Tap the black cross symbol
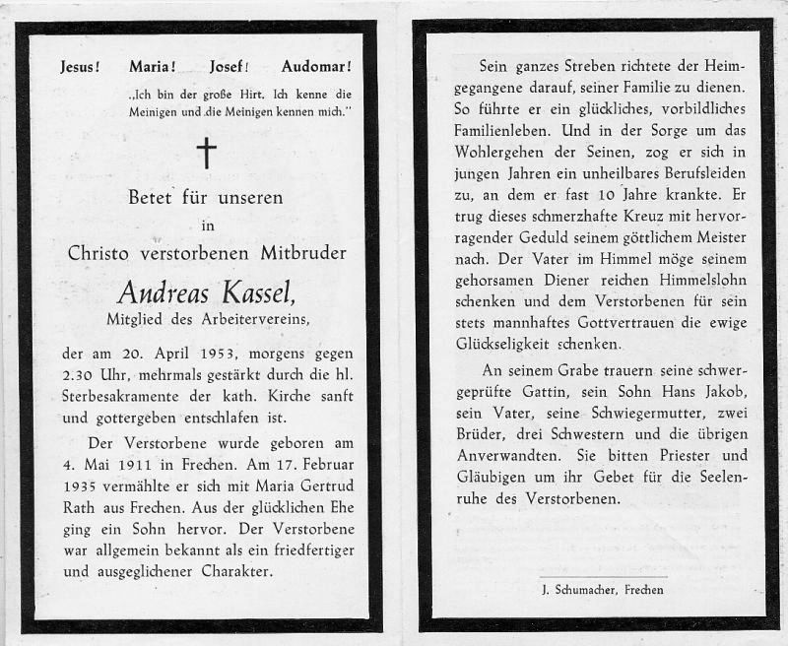206,153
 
